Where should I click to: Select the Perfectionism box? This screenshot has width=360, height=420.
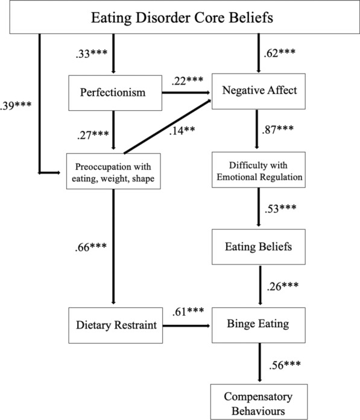pos(115,93)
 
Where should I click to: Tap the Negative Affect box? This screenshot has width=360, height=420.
pos(259,91)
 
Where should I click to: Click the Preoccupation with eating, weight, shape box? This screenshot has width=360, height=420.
pos(113,171)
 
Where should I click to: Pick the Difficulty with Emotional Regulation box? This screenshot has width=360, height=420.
pos(259,170)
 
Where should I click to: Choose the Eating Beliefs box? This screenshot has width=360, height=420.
pos(259,246)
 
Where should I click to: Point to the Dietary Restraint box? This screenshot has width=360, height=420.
pos(116,325)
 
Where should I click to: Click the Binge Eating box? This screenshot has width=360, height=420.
pos(259,325)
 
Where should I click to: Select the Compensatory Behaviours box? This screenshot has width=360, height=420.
pos(259,401)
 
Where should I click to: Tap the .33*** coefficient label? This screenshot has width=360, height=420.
pos(92,54)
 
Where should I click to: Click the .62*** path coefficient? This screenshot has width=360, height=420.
pos(280,53)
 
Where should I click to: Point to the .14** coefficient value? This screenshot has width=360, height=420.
pos(182,130)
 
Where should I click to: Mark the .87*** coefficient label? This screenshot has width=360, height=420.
pos(278,130)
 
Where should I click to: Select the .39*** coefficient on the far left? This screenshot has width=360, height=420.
pos(16,105)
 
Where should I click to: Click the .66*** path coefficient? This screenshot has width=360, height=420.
pos(91,247)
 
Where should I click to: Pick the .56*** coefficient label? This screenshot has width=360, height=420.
pos(285,365)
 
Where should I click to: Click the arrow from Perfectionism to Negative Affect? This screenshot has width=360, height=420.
pos(186,93)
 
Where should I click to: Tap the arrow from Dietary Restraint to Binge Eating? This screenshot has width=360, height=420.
pos(186,326)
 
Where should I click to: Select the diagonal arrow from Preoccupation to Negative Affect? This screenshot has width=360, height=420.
pos(167,127)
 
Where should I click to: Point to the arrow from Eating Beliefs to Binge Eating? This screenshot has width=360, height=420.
pos(260,285)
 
